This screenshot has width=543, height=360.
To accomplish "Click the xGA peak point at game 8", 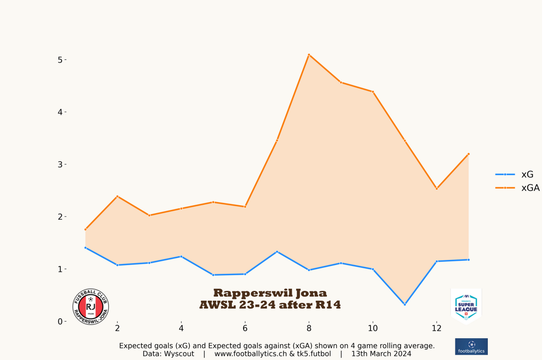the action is click(309, 55).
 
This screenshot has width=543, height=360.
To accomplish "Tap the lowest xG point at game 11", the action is click(405, 304).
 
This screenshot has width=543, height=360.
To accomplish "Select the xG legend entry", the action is click(514, 175).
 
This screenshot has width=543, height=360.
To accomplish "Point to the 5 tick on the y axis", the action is click(60, 60).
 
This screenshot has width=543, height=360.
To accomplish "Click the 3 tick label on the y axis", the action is click(60, 164).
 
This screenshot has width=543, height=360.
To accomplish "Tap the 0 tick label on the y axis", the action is click(60, 322).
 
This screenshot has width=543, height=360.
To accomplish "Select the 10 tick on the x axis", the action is click(373, 328).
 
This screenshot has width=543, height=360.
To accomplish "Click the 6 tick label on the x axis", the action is click(245, 328).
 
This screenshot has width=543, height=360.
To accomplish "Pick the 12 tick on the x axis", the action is click(437, 328).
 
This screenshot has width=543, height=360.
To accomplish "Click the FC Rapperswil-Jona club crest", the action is click(91, 307).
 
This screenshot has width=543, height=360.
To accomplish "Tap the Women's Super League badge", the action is click(466, 306).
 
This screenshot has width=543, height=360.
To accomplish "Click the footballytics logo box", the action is click(471, 347).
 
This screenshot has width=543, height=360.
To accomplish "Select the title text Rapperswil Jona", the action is click(270, 293).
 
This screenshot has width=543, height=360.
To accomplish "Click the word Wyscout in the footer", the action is click(179, 354).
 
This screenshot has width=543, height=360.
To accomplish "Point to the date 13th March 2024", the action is click(381, 354).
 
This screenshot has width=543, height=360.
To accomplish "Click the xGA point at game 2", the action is click(117, 196).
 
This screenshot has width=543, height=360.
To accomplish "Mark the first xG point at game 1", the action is click(85, 248).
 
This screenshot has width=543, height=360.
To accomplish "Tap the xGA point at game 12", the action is click(437, 189).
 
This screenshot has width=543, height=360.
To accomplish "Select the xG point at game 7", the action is click(277, 252).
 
